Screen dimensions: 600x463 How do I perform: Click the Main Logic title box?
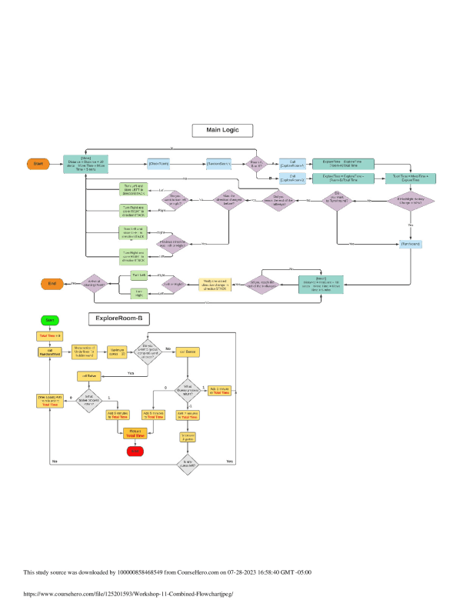[x=222, y=130]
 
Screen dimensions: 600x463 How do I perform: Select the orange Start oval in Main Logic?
[x=37, y=164]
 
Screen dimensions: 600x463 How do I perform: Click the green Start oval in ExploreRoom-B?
[x=48, y=319]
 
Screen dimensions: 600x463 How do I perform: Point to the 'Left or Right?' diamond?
[x=174, y=284]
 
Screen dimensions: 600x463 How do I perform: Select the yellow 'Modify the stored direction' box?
[x=218, y=284]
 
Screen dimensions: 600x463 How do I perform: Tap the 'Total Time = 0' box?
[x=48, y=336]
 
